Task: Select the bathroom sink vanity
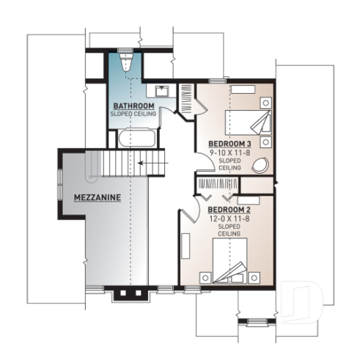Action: click(x=163, y=91)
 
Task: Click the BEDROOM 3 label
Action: click(x=230, y=143)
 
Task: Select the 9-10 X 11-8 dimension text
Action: click(x=230, y=152)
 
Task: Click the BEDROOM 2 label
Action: click(x=224, y=210)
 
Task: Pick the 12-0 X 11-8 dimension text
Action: click(x=224, y=218)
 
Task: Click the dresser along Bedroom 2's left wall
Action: click(x=185, y=246)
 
